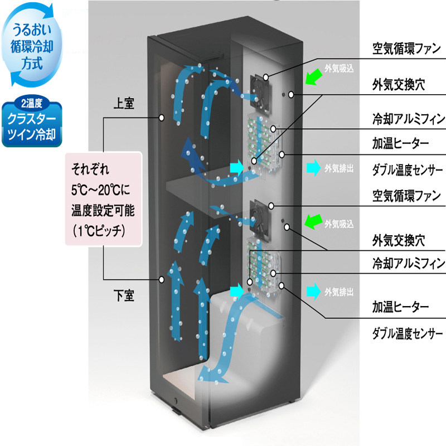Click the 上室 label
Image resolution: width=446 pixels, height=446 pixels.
[x=124, y=103]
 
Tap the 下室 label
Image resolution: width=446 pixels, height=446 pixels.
[x=124, y=295]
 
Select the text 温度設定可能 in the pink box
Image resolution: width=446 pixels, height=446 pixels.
[x=103, y=211]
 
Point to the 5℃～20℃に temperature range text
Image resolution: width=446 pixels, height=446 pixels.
[x=101, y=190]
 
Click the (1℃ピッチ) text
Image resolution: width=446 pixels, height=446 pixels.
[x=99, y=231]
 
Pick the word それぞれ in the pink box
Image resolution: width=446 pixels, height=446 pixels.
[x=90, y=169]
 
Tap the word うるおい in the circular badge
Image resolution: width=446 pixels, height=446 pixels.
[x=32, y=30]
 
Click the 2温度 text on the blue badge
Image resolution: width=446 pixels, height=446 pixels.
[x=32, y=103]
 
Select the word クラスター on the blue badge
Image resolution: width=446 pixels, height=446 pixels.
[x=32, y=118]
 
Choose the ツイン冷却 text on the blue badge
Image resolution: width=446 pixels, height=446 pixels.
[x=32, y=134]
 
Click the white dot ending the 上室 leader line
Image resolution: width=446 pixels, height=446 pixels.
[x=162, y=118]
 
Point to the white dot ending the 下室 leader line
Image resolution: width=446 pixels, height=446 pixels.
[x=162, y=280]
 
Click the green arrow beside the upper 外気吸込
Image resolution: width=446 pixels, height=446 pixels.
[x=313, y=76]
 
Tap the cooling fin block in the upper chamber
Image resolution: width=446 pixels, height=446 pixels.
[x=264, y=142]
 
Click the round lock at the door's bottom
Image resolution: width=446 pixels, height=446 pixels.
[x=175, y=401]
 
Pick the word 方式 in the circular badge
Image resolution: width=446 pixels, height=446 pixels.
[x=32, y=63]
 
